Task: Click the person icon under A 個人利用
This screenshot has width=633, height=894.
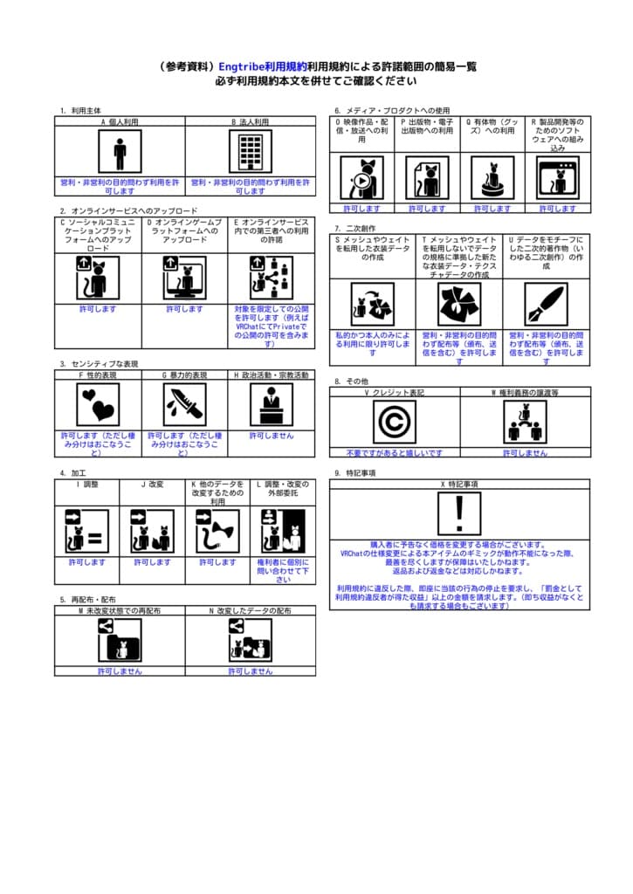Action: coord(120,152)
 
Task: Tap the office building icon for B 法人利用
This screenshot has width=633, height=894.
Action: coord(251,152)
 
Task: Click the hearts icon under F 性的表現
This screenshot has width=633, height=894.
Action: coord(98,404)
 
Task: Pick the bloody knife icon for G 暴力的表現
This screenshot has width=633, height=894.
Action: coord(184,404)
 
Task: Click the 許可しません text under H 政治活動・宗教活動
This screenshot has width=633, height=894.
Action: coord(272,436)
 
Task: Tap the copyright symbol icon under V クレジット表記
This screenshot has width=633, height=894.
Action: coord(395,422)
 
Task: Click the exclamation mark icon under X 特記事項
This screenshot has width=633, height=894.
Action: coord(459,513)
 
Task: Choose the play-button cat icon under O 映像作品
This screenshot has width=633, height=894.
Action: coord(361,177)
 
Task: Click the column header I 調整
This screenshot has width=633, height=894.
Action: coord(87,484)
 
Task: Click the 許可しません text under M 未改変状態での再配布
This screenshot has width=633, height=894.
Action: coord(120,671)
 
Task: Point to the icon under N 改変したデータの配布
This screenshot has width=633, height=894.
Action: coord(251,639)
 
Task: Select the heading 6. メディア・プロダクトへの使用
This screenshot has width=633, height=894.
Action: coord(392,111)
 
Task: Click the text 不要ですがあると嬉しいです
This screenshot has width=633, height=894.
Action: coord(395,453)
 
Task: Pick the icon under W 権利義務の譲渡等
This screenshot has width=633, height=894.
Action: coord(525,422)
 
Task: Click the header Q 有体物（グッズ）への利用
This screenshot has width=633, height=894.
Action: coord(492,128)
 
